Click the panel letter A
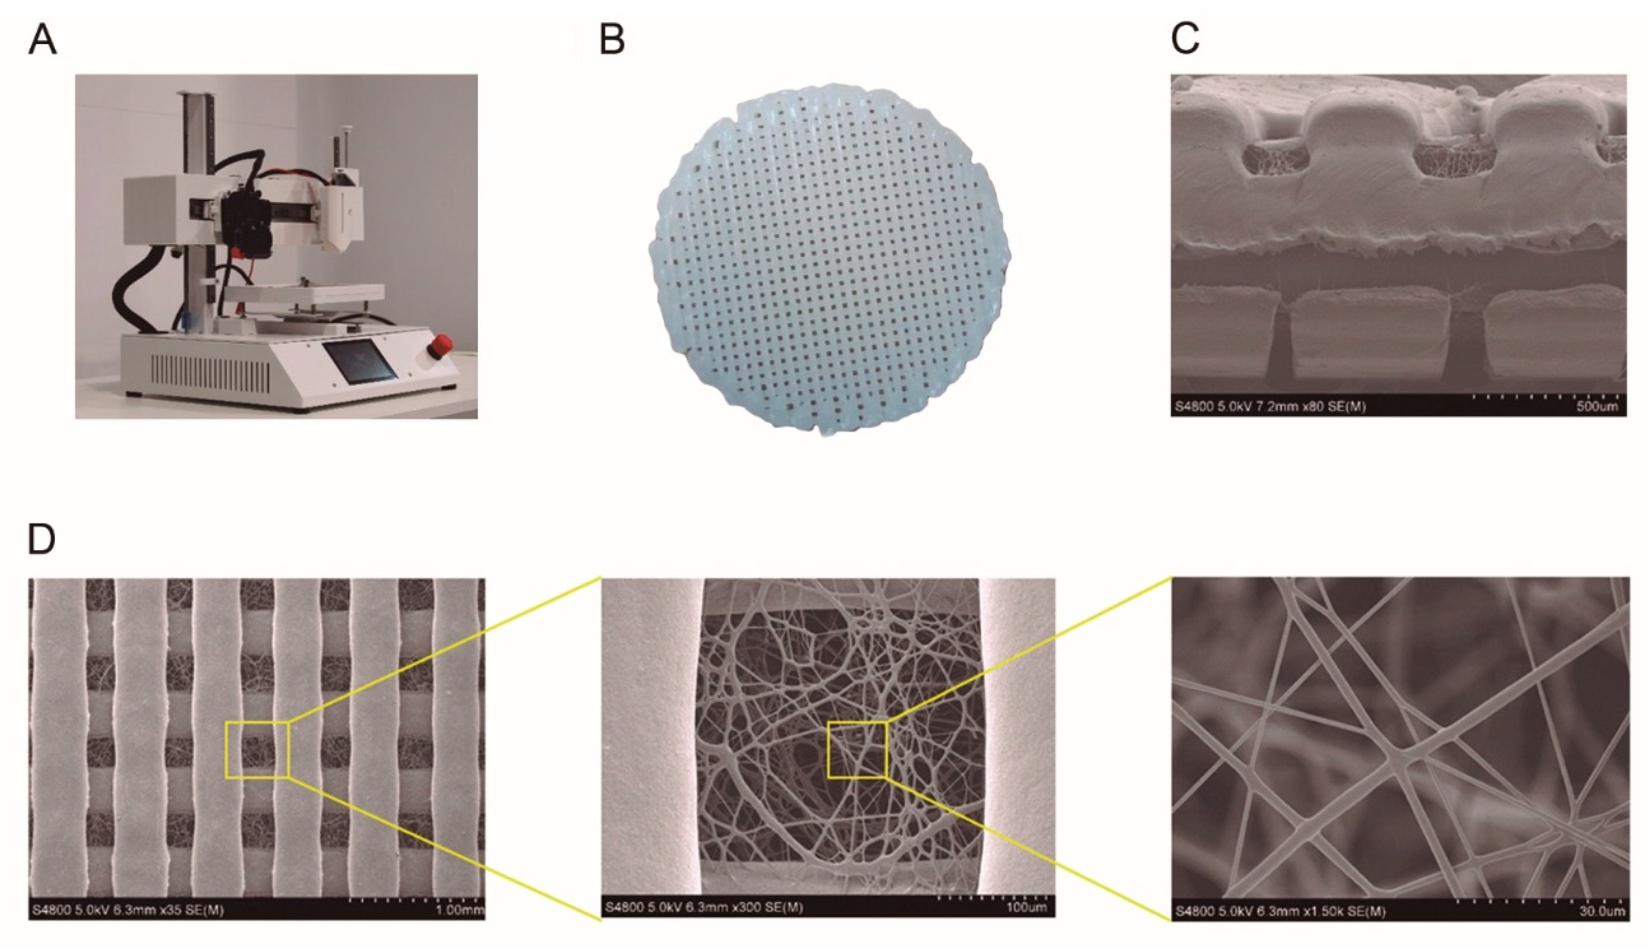pos(43,41)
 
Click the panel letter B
pos(612,41)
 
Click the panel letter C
pos(1185,41)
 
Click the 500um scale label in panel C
pos(1597,407)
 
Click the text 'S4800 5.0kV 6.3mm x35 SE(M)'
pos(128,910)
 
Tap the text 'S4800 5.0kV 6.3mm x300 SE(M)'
pos(704,907)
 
